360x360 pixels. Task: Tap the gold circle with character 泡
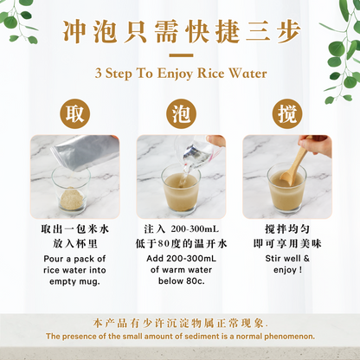pyautogui.click(x=180, y=112)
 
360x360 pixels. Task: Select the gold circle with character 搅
pyautogui.click(x=284, y=112)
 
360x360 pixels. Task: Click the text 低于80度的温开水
pyautogui.click(x=180, y=243)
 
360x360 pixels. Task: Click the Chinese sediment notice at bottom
pyautogui.click(x=180, y=321)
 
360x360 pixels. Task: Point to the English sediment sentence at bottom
pyautogui.click(x=180, y=336)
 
